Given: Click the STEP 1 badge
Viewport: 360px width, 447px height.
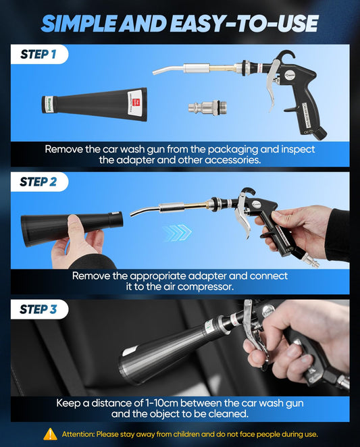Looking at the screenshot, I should pos(38,55).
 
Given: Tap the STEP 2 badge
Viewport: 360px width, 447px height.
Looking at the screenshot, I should pos(38,182).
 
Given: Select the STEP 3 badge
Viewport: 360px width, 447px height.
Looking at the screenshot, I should pos(38,309).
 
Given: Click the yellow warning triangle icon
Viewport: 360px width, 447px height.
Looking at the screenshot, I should pos(50,434).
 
